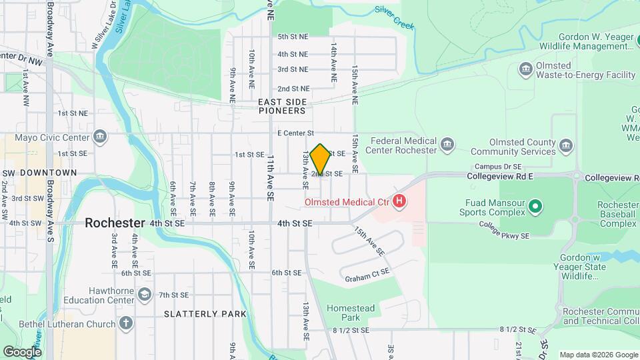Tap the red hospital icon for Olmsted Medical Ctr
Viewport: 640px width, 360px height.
tap(399, 201)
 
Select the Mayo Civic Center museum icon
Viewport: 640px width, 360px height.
tap(99, 137)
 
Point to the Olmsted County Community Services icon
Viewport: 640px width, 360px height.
tap(566, 145)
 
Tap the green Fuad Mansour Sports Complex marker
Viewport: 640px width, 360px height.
tap(535, 207)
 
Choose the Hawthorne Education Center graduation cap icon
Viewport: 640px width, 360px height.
tap(144, 294)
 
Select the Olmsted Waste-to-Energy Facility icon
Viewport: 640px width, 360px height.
tap(525, 69)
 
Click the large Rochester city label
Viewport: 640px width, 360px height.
tap(115, 223)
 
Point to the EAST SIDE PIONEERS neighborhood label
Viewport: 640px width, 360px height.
tap(283, 106)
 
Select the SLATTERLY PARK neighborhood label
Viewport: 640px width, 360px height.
tap(205, 313)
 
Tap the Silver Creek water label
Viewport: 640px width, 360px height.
tap(394, 18)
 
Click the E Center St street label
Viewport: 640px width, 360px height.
tap(295, 133)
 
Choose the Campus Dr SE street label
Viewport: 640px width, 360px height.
tap(497, 166)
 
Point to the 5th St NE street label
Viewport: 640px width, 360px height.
tap(293, 37)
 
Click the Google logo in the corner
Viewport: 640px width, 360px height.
tap(23, 351)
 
